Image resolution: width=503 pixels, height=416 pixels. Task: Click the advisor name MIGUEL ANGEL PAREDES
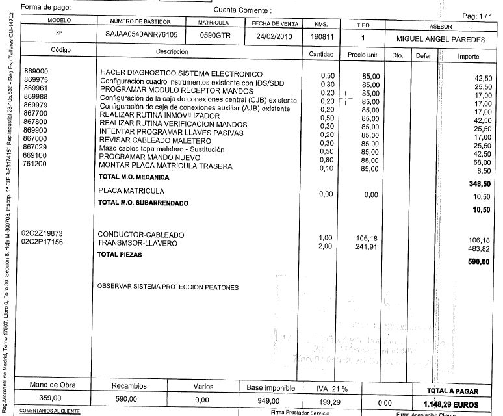pyautogui.click(x=441, y=39)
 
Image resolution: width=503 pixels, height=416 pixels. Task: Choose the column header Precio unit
pyautogui.click(x=363, y=55)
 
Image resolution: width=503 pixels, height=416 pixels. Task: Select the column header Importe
pyautogui.click(x=468, y=56)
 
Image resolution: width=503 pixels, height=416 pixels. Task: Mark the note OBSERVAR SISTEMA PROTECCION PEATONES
pyautogui.click(x=168, y=287)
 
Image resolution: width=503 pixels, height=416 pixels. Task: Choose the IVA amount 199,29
pyautogui.click(x=331, y=400)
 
